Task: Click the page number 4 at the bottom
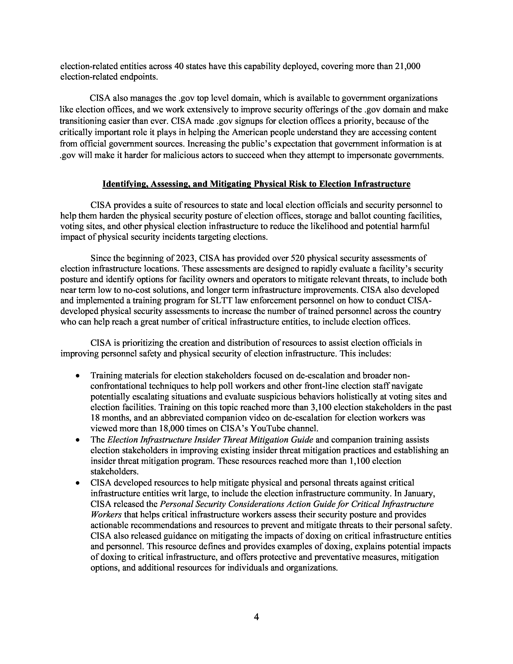point(256,617)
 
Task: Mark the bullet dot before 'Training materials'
point(78,376)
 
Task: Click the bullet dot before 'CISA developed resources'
point(78,483)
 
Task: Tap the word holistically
point(341,397)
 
